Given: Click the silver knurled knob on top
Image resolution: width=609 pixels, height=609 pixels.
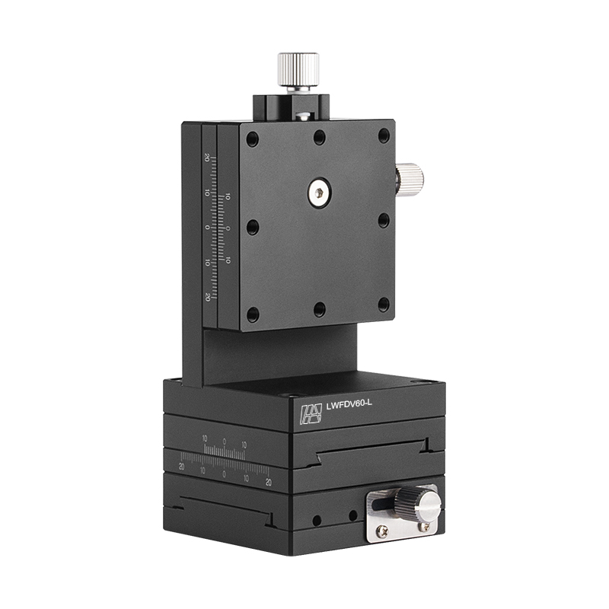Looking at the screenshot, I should tap(298, 71).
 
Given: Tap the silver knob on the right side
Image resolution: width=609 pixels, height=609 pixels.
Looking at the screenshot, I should tap(410, 180).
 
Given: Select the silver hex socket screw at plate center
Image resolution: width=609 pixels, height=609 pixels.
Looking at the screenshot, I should tap(319, 193).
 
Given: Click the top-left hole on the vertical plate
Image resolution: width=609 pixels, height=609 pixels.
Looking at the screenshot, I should tap(253, 140).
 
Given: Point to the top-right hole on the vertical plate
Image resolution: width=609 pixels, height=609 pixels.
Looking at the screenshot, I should tap(384, 136).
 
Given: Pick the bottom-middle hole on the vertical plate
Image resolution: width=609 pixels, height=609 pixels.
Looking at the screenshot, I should tap(320, 309).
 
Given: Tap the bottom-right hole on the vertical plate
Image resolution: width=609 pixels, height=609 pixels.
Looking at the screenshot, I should tap(384, 304).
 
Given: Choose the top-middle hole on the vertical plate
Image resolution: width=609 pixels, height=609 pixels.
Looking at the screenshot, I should tap(320, 137).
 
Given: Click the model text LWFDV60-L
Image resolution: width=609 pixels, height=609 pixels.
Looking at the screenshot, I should tap(349, 405).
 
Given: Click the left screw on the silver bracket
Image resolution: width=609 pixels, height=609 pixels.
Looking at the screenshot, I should tap(382, 531).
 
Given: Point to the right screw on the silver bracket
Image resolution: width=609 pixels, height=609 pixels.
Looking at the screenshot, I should tap(424, 526).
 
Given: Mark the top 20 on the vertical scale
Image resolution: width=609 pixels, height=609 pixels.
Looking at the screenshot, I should tap(207, 158).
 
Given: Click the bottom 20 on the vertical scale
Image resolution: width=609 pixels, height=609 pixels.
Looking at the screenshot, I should tap(207, 297).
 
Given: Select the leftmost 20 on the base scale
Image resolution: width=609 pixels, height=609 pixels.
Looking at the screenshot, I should tap(181, 466).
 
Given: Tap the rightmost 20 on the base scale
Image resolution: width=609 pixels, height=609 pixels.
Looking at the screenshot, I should tap(268, 482).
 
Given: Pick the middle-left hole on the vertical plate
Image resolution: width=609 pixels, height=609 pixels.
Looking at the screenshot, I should tap(253, 227).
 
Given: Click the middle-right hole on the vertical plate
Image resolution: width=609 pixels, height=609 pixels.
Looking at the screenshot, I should tap(384, 221).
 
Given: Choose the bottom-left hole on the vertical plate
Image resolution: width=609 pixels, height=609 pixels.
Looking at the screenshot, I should tap(253, 314).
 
